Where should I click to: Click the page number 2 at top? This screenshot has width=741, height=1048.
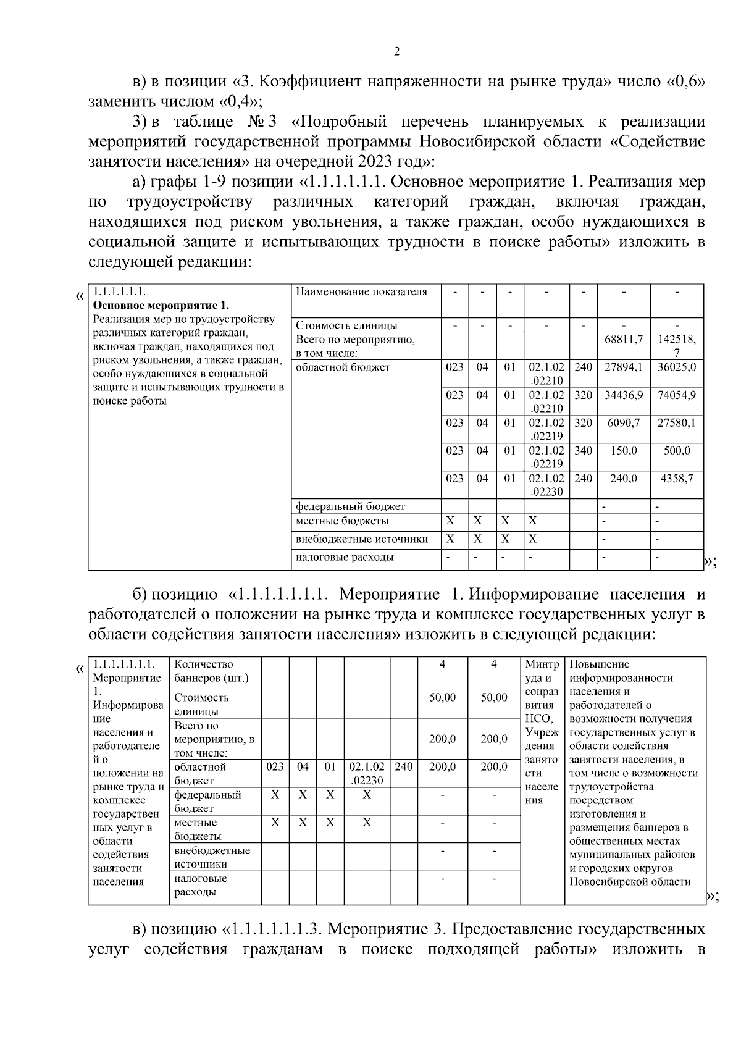tap(396, 51)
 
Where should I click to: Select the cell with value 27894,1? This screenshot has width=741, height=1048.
tap(624, 367)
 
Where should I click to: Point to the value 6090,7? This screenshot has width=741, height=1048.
tap(624, 423)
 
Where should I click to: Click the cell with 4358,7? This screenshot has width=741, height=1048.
tap(677, 479)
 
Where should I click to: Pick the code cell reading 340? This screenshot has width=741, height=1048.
tap(583, 451)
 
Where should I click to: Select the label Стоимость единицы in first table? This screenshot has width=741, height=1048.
tap(346, 325)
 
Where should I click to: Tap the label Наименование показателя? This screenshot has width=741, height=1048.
tap(361, 292)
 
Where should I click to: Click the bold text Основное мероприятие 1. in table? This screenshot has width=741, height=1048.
tap(161, 306)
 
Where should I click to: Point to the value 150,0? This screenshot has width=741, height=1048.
tap(624, 451)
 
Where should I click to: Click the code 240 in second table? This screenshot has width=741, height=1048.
tap(403, 767)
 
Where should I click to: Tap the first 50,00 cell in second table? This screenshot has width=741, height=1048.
tap(443, 698)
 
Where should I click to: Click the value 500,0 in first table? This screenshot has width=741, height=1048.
tap(677, 451)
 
